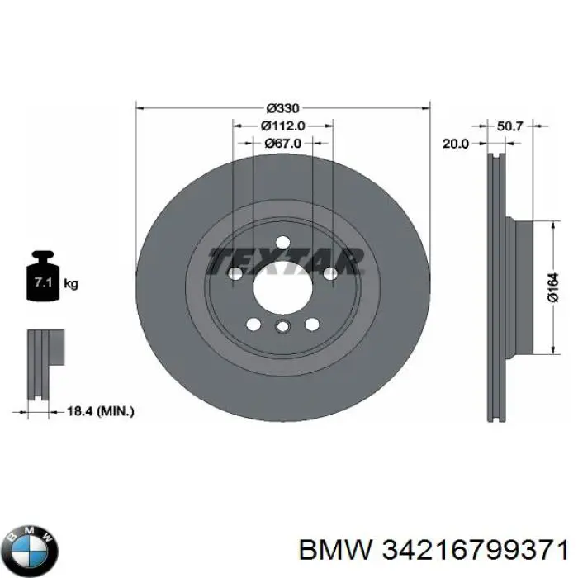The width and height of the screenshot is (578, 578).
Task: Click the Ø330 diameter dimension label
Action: tap(282, 108)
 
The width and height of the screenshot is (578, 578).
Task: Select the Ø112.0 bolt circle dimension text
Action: tap(282, 126)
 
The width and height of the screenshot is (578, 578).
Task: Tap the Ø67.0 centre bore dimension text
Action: tap(282, 143)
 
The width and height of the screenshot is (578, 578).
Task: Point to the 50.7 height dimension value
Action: tap(509, 126)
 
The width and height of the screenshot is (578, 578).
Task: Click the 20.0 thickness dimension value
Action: tap(456, 144)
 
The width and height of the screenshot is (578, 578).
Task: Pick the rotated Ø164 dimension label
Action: tap(553, 287)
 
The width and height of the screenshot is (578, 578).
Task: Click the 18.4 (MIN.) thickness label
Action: tap(100, 411)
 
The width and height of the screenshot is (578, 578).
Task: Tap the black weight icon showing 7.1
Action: tap(43, 276)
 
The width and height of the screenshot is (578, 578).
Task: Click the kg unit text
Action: tap(71, 284)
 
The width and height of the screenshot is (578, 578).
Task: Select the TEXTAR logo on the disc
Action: tap(286, 262)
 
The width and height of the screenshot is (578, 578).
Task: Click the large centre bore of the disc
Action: tap(282, 287)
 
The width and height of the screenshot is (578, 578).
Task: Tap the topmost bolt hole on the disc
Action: tap(282, 242)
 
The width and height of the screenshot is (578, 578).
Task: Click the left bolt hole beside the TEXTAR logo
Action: tap(235, 273)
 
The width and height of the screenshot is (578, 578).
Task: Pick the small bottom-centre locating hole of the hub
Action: tap(282, 326)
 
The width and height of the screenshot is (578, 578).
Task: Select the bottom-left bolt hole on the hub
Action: tap(253, 325)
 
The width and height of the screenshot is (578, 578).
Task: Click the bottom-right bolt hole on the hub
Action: tap(312, 325)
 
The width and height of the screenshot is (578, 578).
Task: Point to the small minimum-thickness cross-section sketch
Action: tap(45, 365)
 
